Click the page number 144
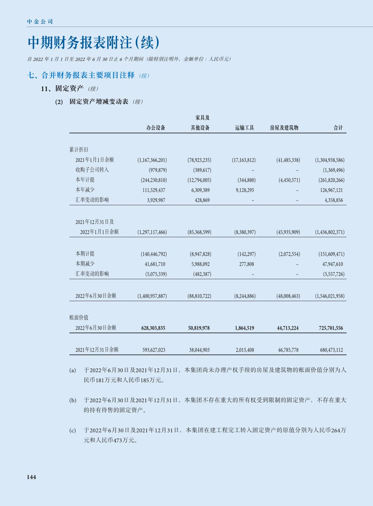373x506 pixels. tap(31, 477)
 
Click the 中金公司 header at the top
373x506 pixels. tap(40, 22)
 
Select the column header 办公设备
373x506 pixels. tap(156, 128)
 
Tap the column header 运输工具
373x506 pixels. tap(244, 128)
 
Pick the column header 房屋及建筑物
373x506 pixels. tap(284, 128)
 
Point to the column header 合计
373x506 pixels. tap(338, 128)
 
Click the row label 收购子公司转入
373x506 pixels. tap(92, 170)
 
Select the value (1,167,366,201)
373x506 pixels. tap(152, 160)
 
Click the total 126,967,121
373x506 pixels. tap(331, 190)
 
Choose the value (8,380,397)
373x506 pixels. tap(245, 232)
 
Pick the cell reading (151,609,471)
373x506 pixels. tap(331, 254)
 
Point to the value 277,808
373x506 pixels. tap(247, 264)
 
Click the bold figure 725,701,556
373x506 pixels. tap(331, 328)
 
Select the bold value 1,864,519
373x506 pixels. tap(244, 328)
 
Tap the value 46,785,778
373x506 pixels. tap(288, 350)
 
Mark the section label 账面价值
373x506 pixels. tap(79, 318)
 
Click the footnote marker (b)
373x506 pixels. tap(73, 400)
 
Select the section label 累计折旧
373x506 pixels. tap(79, 150)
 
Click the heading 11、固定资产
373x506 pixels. tap(62, 89)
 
